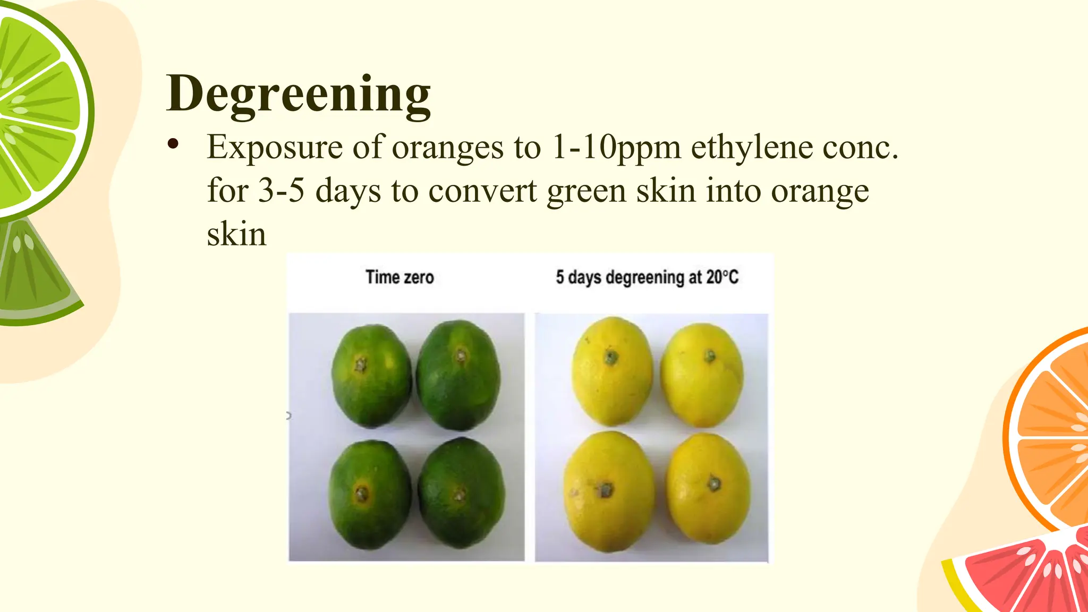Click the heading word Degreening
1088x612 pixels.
point(298,94)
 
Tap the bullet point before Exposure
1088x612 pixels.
point(173,144)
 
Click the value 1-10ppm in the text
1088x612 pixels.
point(616,147)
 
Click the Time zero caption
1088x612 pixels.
point(399,277)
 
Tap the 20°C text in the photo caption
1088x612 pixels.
point(722,277)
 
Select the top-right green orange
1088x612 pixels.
point(458,375)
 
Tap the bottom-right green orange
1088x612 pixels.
point(461,493)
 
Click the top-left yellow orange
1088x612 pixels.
point(612,371)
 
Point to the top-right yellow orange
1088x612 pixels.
point(702,375)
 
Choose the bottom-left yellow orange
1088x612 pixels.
point(609,492)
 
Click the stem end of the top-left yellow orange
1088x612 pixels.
point(611,357)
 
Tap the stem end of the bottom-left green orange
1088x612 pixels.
point(362,493)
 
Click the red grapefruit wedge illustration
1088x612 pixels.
point(1025,576)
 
